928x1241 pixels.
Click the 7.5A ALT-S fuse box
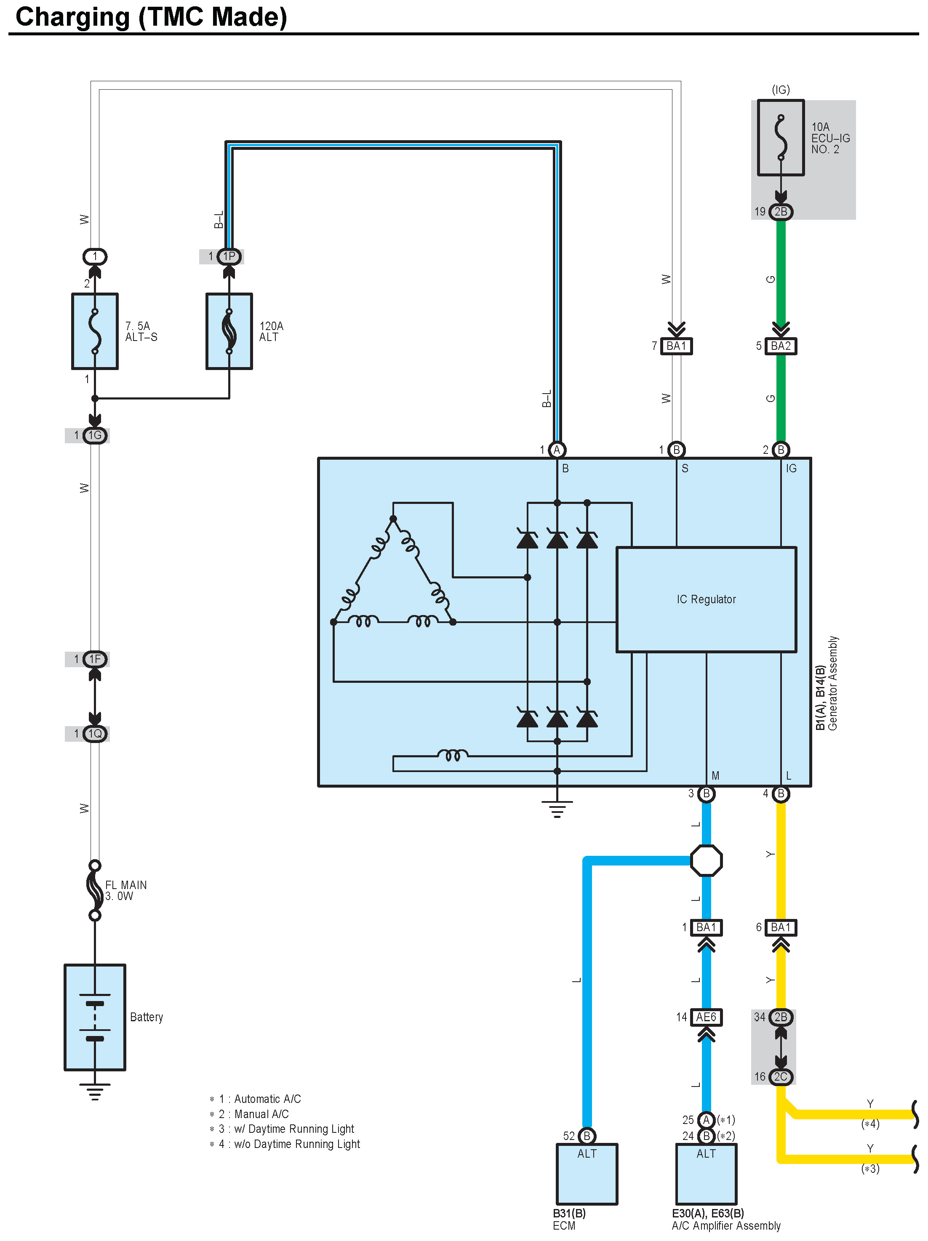tap(95, 331)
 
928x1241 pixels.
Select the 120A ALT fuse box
tap(229, 331)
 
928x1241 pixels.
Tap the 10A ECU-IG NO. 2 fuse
tap(781, 138)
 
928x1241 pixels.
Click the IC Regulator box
tap(706, 599)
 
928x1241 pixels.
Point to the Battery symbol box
tap(95, 1017)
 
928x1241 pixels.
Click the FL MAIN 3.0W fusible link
tap(95, 890)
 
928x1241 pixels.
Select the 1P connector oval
tap(229, 256)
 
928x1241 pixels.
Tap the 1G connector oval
tap(95, 435)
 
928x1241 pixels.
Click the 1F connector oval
tap(95, 659)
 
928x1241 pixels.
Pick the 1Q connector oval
tap(95, 733)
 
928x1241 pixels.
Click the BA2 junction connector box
tap(781, 346)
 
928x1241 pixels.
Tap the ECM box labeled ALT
tap(587, 1174)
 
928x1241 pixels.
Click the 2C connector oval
tap(781, 1077)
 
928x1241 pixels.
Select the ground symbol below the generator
tap(557, 808)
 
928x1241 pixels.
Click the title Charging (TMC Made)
tap(152, 17)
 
